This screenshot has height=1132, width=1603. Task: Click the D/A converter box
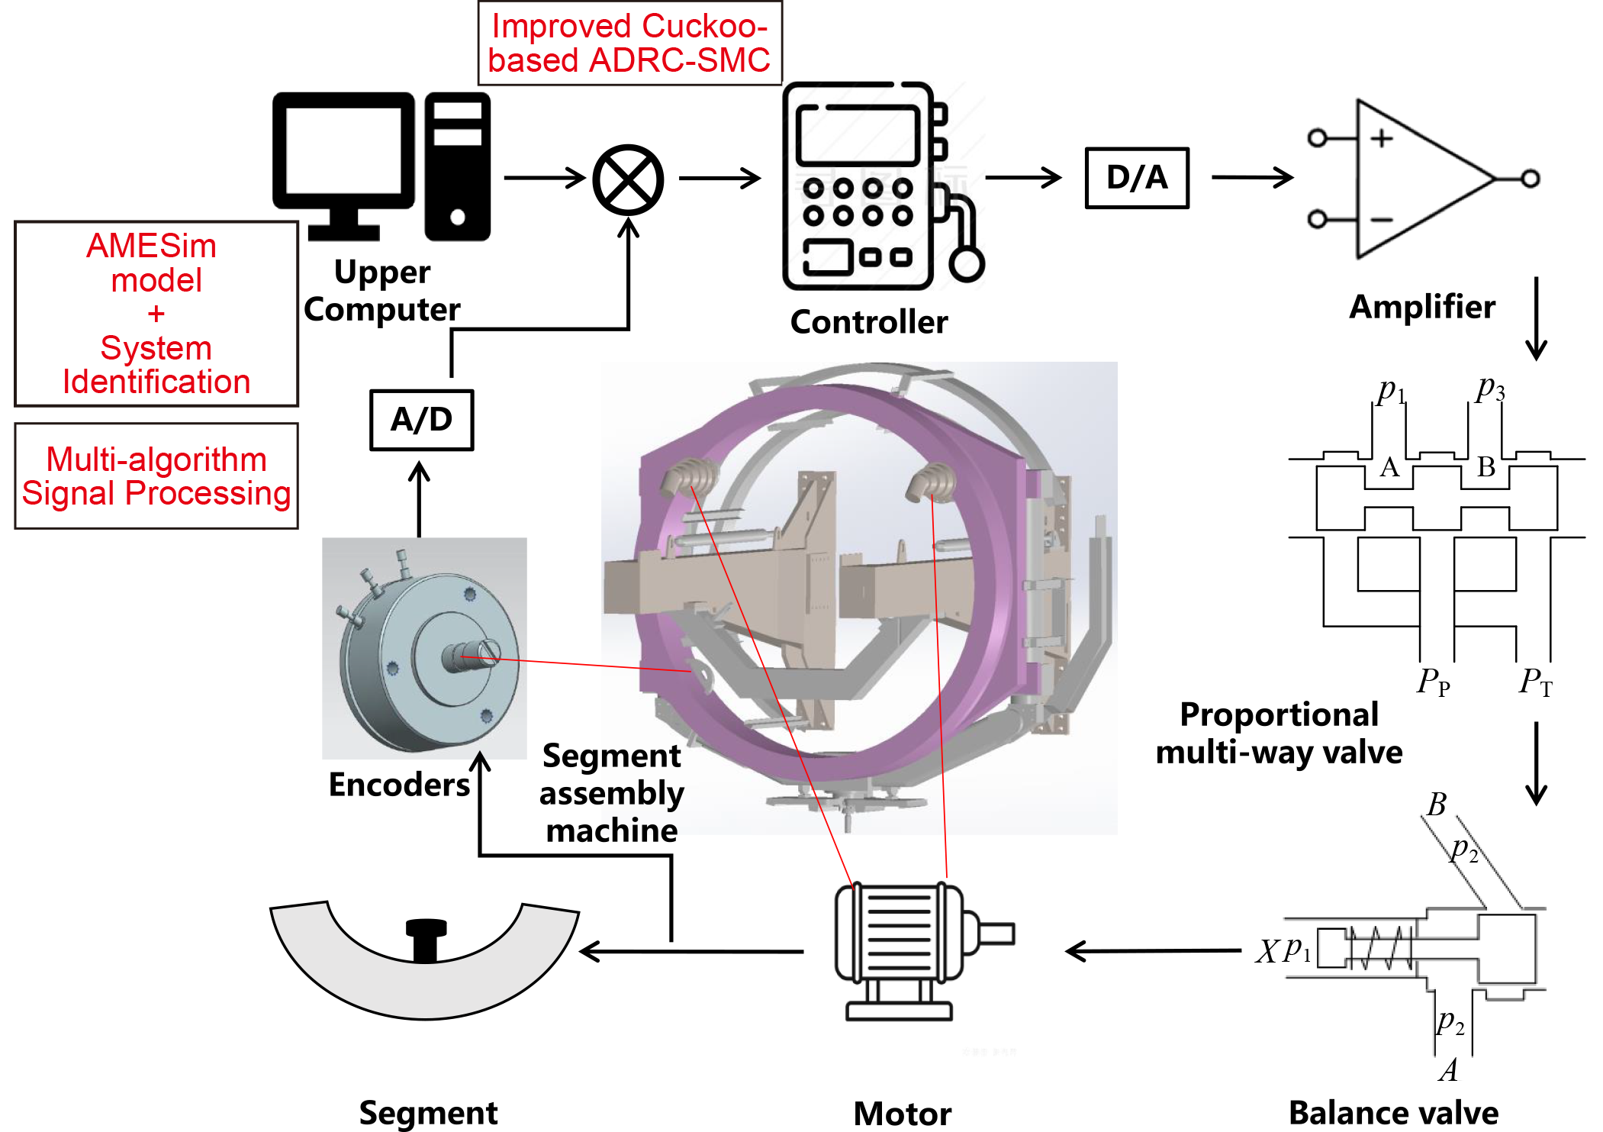1136,178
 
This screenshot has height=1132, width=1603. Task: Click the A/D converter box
421,420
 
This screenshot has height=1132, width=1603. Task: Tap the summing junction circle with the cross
628,180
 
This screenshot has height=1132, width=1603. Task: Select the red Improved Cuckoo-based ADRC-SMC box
629,43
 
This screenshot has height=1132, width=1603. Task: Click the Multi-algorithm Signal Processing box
156,476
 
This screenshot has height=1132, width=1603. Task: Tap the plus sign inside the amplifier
1382,138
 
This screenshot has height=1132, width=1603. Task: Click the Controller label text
868,322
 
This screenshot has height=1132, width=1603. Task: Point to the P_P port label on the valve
1433,681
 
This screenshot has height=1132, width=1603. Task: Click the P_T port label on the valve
1534,681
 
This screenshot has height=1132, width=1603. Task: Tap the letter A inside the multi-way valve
1389,466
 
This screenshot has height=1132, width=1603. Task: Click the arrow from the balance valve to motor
1152,951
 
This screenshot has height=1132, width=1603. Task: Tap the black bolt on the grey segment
426,939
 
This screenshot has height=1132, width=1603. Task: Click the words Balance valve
1393,1113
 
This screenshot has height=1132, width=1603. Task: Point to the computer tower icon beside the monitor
457,166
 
